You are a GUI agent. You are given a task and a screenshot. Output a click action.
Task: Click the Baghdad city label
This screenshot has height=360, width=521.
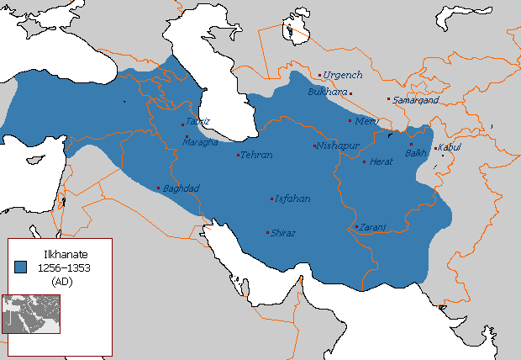[x=181, y=188]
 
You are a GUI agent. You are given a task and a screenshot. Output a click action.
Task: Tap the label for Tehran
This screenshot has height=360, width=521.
[x=256, y=156]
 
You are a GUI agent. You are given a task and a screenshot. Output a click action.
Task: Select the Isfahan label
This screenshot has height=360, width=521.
[x=292, y=199]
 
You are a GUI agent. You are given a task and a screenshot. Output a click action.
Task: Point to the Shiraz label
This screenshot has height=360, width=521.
[x=283, y=233]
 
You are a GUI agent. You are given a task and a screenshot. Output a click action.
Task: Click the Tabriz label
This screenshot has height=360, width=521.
[x=197, y=121]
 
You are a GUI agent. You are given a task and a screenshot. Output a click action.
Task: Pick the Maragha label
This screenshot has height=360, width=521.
[x=202, y=141]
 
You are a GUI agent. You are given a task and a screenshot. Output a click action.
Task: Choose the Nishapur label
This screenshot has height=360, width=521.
[x=338, y=146]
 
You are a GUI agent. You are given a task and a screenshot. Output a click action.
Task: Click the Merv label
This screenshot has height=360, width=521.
[x=367, y=121]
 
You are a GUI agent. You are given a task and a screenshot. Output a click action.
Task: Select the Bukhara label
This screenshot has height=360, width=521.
[x=328, y=92]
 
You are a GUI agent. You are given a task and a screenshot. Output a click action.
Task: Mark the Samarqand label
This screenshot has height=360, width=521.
[x=416, y=100]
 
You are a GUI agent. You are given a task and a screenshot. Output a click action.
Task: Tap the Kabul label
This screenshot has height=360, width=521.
[x=450, y=148]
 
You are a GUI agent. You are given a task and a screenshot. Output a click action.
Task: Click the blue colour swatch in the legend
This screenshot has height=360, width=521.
[x=22, y=266]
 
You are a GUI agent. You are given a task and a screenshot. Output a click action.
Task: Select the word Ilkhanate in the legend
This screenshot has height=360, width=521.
[x=61, y=252]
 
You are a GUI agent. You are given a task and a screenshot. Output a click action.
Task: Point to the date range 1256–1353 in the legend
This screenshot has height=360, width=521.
[x=63, y=267]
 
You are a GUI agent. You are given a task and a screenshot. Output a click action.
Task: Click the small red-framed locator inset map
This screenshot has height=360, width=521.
[x=30, y=314]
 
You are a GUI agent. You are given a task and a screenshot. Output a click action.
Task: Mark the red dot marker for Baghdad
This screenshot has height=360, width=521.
[x=158, y=188]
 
